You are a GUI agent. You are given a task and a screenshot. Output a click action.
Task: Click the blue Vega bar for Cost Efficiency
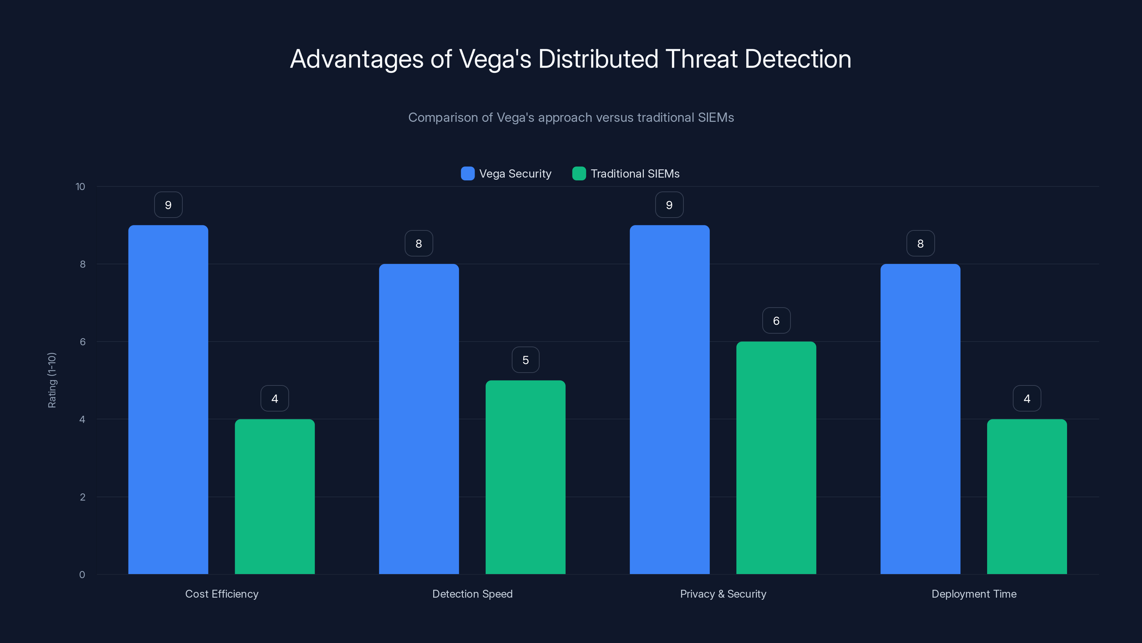(x=168, y=399)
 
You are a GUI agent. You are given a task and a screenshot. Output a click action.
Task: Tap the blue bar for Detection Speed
(x=419, y=419)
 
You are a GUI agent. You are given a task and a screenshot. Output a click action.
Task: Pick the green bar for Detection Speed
(x=525, y=477)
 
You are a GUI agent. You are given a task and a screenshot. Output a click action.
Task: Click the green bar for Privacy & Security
(x=776, y=458)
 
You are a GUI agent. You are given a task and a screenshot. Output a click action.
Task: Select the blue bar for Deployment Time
(x=920, y=419)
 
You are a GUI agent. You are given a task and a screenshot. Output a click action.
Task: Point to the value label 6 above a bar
(x=776, y=321)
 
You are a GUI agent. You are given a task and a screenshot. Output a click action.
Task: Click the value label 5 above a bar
(x=525, y=360)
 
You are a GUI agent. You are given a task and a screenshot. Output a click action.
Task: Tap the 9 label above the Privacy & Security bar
(x=669, y=205)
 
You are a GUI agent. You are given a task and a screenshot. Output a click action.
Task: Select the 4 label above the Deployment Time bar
(x=1027, y=399)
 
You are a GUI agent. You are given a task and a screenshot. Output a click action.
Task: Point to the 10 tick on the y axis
(x=80, y=186)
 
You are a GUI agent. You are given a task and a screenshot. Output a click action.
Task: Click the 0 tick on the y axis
(x=82, y=575)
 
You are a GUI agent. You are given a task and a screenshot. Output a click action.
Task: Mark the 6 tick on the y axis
(x=82, y=342)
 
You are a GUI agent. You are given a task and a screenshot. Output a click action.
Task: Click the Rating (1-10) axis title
(x=52, y=380)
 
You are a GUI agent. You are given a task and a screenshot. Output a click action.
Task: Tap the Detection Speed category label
(x=472, y=594)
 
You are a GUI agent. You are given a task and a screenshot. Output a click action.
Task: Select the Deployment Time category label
(x=974, y=594)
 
